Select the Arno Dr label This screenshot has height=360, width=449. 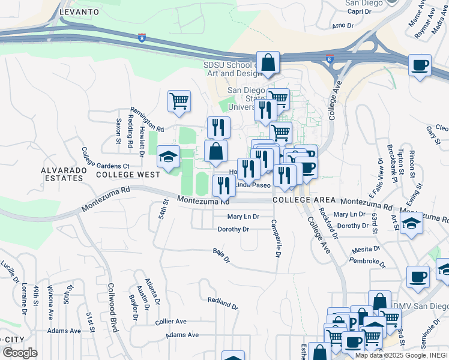click(x=343, y=25)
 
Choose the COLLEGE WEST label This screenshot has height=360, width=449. click(x=128, y=175)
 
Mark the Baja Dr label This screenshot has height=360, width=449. click(x=221, y=256)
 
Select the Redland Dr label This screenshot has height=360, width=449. click(x=223, y=302)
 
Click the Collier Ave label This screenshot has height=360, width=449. click(x=171, y=322)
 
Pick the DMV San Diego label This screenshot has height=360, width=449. click(x=420, y=306)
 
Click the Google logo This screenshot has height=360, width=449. click(x=20, y=353)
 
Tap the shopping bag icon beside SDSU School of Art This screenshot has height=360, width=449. click(x=269, y=62)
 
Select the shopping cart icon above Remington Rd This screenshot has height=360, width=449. click(x=179, y=100)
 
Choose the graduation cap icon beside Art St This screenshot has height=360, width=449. click(x=412, y=223)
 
